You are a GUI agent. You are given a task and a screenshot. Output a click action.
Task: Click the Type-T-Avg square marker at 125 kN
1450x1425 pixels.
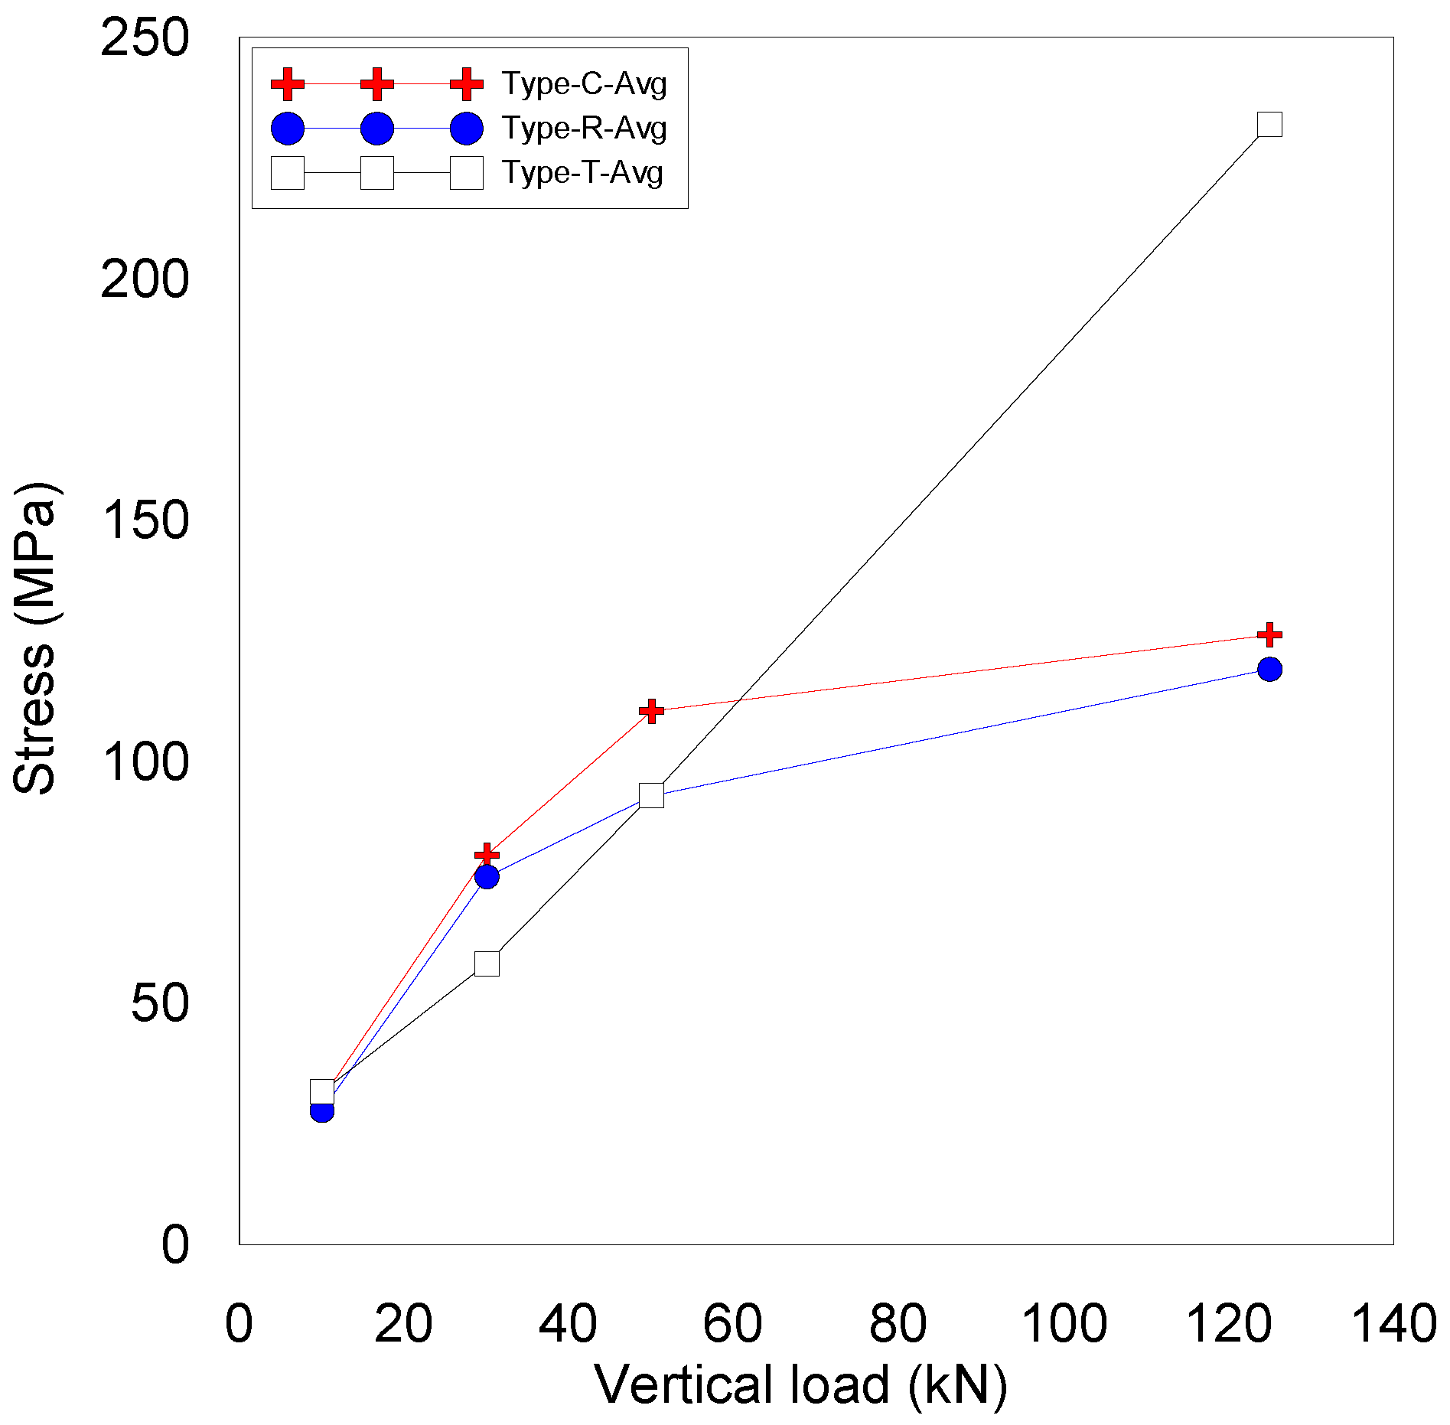[x=1269, y=124]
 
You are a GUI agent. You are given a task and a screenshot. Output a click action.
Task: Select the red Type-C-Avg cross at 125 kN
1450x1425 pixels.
[x=1269, y=634]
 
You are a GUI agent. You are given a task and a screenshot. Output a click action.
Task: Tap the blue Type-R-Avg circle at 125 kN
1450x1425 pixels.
[x=1269, y=669]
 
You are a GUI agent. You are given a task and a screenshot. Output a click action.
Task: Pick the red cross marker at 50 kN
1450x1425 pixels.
[x=651, y=711]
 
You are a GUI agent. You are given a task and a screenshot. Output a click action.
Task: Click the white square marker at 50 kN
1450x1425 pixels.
[x=651, y=795]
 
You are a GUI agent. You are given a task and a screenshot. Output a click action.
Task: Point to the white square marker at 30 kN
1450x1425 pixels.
[x=487, y=964]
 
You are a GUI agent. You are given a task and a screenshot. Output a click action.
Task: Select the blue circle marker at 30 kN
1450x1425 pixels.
[x=487, y=876]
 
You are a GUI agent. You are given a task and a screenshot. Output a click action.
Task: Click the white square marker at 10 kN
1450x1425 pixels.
[x=322, y=1091]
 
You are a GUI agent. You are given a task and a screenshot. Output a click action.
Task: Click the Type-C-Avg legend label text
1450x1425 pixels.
[x=584, y=83]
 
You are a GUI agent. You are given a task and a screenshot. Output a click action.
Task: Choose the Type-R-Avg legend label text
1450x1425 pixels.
[x=584, y=128]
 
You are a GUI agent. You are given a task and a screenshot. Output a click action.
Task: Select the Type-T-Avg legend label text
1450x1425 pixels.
[x=582, y=172]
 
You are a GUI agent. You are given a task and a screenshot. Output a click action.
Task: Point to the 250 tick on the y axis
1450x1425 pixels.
[x=145, y=38]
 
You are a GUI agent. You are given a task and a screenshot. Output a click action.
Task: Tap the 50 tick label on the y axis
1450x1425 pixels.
[x=159, y=1003]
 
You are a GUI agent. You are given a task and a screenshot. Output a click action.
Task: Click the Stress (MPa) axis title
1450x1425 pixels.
[x=35, y=639]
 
